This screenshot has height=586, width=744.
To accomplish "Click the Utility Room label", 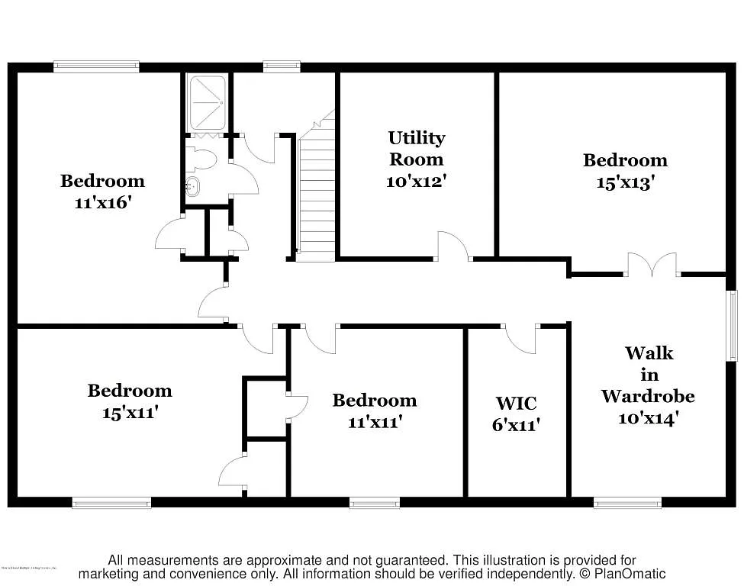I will pos(416,148).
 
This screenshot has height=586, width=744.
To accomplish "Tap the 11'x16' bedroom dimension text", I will pos(102,204).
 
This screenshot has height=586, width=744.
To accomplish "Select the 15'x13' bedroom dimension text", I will pos(625,183).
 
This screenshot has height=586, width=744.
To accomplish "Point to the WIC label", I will pos(516,403).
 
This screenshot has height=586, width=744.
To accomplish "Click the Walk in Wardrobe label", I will pos(648,375).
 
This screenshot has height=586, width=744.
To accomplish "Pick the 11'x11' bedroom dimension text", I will pos(374,422).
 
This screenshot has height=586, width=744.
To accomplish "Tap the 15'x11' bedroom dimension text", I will pos(130,413).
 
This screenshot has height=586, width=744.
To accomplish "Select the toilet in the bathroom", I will pos(204,158).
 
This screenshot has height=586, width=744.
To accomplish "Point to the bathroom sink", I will pos(193,185).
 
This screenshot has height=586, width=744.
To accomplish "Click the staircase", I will pos(316,198).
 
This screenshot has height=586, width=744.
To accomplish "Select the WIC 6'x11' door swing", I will pos(520,339).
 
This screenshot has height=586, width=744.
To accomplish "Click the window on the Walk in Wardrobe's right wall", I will pos(732,325).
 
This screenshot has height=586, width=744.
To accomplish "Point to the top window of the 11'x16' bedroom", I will pos(96,67).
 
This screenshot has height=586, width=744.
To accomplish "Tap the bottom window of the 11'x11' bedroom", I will pos(374,503).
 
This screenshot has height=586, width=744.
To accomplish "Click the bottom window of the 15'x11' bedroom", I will pos(111,503).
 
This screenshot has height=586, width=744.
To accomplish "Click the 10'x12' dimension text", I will pos(416,182).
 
